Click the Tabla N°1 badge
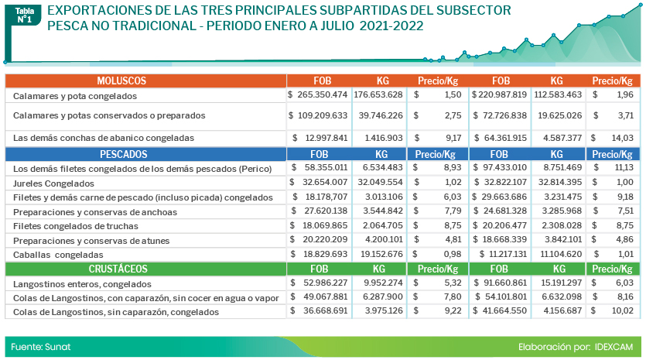click(24, 15)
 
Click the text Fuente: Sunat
click(41, 346)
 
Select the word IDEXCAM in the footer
click(615, 346)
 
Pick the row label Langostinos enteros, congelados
click(76, 284)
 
